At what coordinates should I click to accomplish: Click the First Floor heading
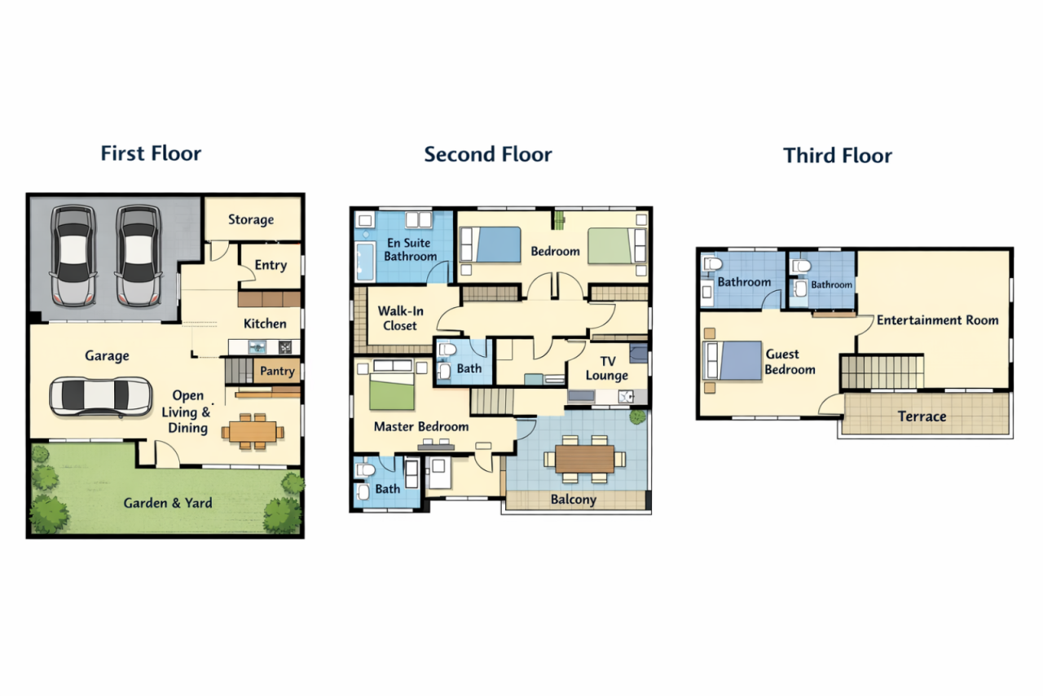click(x=151, y=153)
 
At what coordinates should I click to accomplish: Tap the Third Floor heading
click(x=837, y=156)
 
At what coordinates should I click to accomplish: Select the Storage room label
click(x=250, y=219)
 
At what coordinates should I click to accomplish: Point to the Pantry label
click(x=277, y=371)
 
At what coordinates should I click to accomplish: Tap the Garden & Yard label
click(x=168, y=503)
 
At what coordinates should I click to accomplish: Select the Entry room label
click(x=271, y=265)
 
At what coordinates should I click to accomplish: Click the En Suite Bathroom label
click(x=410, y=249)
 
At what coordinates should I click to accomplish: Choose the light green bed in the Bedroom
click(x=610, y=245)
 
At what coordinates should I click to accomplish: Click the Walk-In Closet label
click(x=398, y=318)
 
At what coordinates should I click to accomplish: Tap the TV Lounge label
click(x=606, y=368)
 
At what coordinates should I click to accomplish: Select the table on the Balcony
click(x=585, y=458)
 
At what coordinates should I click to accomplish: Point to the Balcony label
click(x=573, y=500)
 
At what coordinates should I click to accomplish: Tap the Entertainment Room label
click(x=937, y=320)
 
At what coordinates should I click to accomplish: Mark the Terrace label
click(x=922, y=416)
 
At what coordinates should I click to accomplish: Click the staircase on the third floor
click(x=882, y=372)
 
